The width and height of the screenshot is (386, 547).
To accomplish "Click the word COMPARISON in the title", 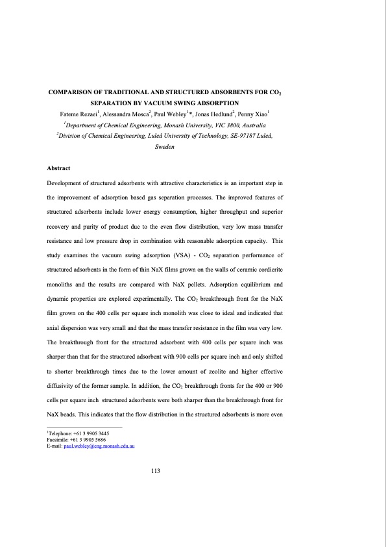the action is click(72, 94).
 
